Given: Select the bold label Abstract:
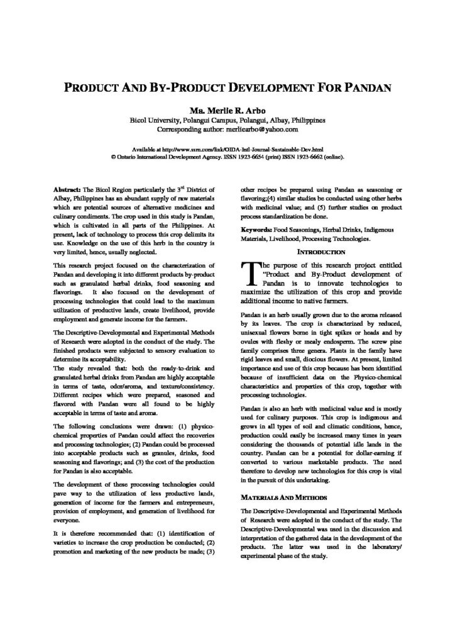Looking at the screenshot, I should (x=68, y=189).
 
